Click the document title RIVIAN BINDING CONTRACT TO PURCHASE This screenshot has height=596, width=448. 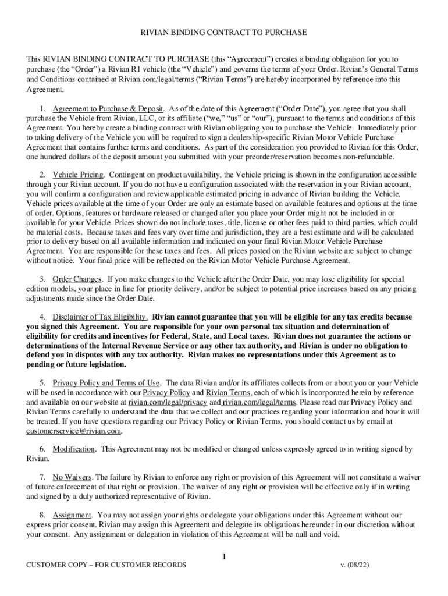[x=224, y=33]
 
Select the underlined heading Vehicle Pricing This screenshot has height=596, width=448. [x=79, y=175]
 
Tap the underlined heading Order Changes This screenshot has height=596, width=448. [x=77, y=279]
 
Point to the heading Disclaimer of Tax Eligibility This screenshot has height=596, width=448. [x=100, y=317]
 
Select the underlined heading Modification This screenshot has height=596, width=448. [x=74, y=449]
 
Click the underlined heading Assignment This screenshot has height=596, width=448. [x=72, y=516]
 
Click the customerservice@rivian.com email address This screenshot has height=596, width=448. [x=74, y=431]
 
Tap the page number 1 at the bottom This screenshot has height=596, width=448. [x=223, y=557]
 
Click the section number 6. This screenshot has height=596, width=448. [x=42, y=449]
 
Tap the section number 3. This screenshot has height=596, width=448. [x=42, y=279]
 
